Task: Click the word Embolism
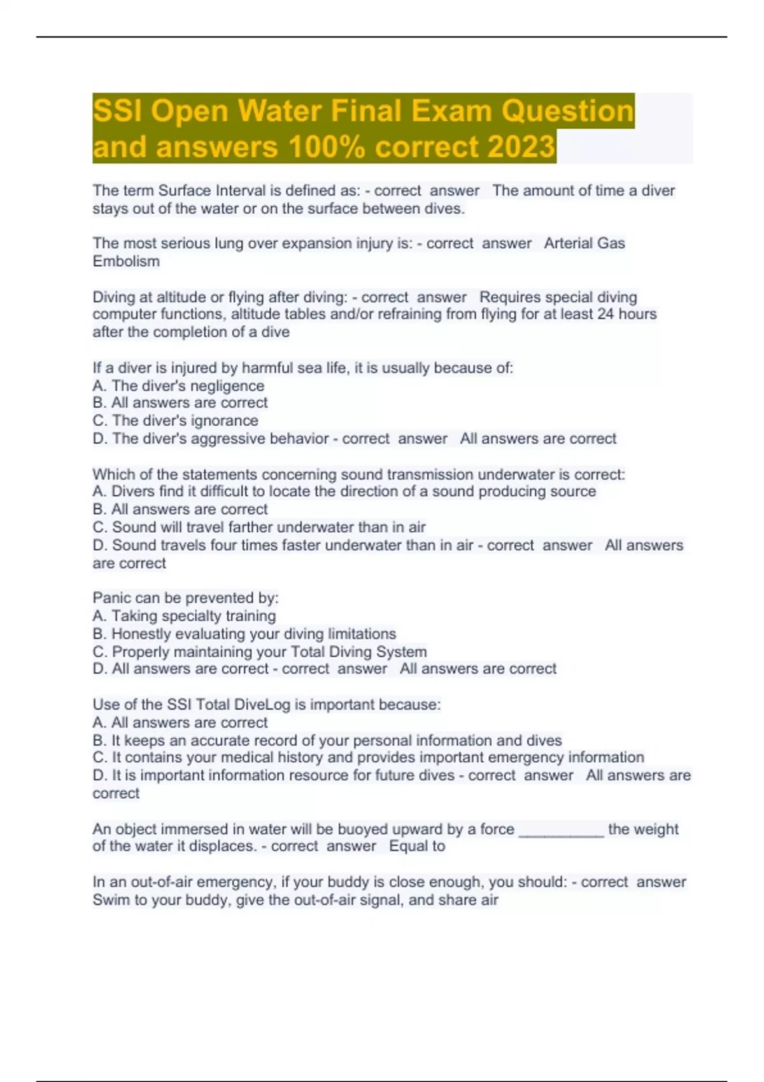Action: pos(126,261)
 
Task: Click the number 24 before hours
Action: pos(605,314)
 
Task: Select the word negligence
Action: pos(227,386)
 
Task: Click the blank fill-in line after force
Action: pos(561,830)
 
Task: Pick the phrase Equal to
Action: pos(417,847)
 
